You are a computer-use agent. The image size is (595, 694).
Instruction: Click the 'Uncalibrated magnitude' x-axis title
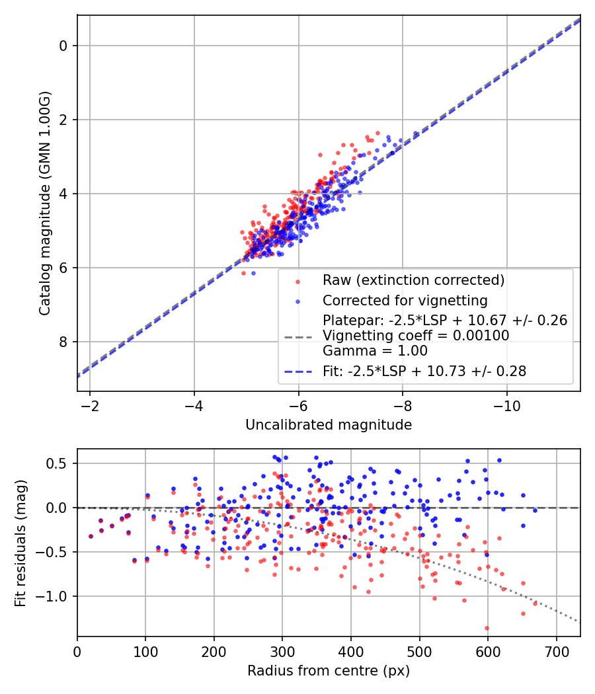coord(329,425)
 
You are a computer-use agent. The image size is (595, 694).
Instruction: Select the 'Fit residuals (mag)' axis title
coord(20,542)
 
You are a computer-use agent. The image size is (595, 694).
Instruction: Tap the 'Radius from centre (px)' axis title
coord(329,671)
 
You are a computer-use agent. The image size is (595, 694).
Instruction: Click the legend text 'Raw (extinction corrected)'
coord(414,280)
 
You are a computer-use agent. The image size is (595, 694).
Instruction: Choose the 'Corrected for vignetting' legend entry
coord(405,301)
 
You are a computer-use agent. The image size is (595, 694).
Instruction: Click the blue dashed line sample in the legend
coord(297,372)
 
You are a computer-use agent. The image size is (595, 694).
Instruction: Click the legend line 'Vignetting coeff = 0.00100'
coord(416,336)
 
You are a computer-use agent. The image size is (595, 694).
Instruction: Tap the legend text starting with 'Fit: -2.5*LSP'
coord(424,371)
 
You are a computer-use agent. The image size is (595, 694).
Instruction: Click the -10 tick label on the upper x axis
coord(506,403)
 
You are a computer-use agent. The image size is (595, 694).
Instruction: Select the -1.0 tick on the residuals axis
coord(56,596)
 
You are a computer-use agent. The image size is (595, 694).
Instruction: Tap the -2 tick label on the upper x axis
coord(90,403)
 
